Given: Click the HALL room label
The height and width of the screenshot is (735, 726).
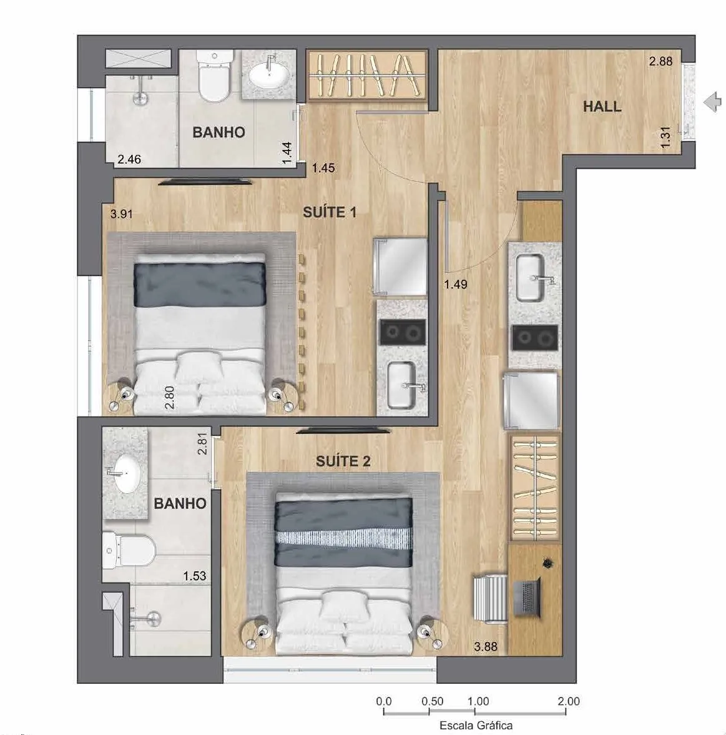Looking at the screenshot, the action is tap(602, 106).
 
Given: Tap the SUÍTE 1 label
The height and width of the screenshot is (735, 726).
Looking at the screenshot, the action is tap(330, 212).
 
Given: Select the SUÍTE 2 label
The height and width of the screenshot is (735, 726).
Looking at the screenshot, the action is tap(343, 461).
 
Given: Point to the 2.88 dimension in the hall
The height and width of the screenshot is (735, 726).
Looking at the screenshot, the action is tap(660, 61).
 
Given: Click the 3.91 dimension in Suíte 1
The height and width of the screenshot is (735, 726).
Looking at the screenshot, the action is tap(121, 214).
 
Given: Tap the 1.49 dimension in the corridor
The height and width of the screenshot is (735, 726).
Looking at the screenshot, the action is tap(456, 284).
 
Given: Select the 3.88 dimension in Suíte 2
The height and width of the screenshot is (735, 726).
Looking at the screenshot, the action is tap(486, 647).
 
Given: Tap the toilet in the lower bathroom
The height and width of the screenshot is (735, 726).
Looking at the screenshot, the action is tap(129, 550).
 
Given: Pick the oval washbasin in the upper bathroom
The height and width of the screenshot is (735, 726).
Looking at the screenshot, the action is tap(268, 75).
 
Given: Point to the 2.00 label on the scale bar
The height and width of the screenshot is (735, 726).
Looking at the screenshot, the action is tap(569, 701).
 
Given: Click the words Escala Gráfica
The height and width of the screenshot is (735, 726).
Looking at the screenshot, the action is tap(476, 725).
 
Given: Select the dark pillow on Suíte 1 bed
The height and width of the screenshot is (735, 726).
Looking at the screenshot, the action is tap(200, 285).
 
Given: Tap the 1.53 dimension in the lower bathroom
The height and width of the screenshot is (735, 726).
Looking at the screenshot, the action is tap(195, 576).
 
